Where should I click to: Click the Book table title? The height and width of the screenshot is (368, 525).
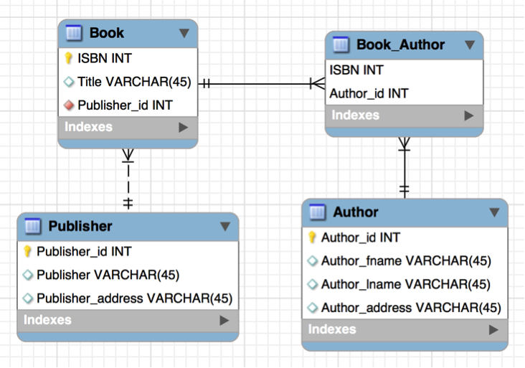tap(106, 33)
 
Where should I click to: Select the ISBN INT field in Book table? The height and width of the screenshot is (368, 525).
tap(105, 58)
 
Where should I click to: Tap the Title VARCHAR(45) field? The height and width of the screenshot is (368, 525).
tap(134, 82)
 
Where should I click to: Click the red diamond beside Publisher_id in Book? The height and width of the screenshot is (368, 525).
tap(70, 105)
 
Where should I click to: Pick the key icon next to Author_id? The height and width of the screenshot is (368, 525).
tap(312, 237)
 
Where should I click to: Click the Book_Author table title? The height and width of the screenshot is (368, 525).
tap(400, 44)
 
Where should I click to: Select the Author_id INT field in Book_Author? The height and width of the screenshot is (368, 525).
tap(369, 93)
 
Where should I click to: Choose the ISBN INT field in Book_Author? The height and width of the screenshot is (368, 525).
tap(356, 70)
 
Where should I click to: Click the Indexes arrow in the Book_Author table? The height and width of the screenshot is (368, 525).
tap(469, 115)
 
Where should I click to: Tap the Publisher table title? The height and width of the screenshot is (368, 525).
tap(80, 226)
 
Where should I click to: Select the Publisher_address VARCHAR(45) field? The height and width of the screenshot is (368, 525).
tap(134, 298)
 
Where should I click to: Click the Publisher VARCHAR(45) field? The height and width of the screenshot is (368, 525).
tap(108, 275)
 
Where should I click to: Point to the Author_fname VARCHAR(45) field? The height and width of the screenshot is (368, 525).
tap(405, 261)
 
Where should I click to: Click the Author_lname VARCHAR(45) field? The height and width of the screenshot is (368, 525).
tap(405, 285)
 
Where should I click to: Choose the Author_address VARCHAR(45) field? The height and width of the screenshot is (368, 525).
tap(410, 308)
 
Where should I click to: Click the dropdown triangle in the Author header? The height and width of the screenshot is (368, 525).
tap(494, 212)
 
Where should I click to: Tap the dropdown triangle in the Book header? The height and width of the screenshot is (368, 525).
tap(184, 33)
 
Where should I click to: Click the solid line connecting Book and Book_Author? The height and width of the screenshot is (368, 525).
tap(258, 83)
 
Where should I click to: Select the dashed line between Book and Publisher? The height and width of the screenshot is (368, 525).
tap(128, 179)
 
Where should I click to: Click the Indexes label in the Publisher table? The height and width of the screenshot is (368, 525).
tap(47, 320)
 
